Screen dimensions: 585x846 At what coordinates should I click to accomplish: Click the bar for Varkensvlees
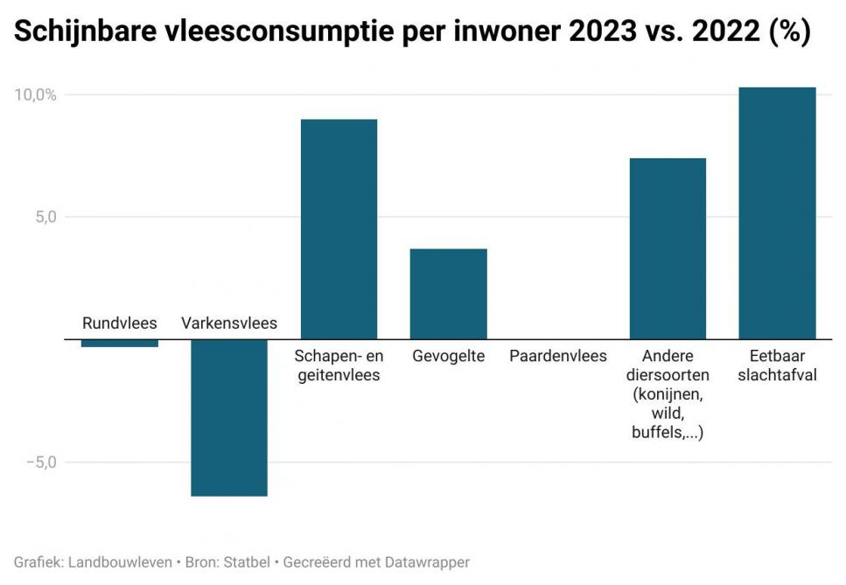[229, 417]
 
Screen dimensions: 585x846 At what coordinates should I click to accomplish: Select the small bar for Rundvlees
[120, 343]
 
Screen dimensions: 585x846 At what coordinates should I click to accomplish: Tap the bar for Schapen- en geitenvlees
[339, 229]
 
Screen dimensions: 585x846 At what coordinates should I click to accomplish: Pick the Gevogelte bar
[448, 294]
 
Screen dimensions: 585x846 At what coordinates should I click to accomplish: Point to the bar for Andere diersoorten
[668, 248]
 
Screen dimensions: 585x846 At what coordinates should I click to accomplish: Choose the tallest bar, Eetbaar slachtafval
[777, 213]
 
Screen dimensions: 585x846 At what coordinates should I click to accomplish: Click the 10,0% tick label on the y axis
[35, 94]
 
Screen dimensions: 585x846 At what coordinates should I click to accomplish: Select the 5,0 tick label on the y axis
[45, 217]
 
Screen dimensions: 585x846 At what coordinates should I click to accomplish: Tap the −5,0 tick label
[39, 462]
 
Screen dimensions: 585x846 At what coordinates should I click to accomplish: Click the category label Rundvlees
[120, 324]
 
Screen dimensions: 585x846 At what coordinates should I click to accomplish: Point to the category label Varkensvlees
[229, 324]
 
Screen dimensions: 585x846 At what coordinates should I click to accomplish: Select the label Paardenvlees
[558, 356]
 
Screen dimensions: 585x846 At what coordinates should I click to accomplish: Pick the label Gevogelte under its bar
[448, 356]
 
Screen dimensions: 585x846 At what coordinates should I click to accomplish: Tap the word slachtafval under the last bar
[777, 375]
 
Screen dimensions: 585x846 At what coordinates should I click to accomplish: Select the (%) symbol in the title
[789, 32]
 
